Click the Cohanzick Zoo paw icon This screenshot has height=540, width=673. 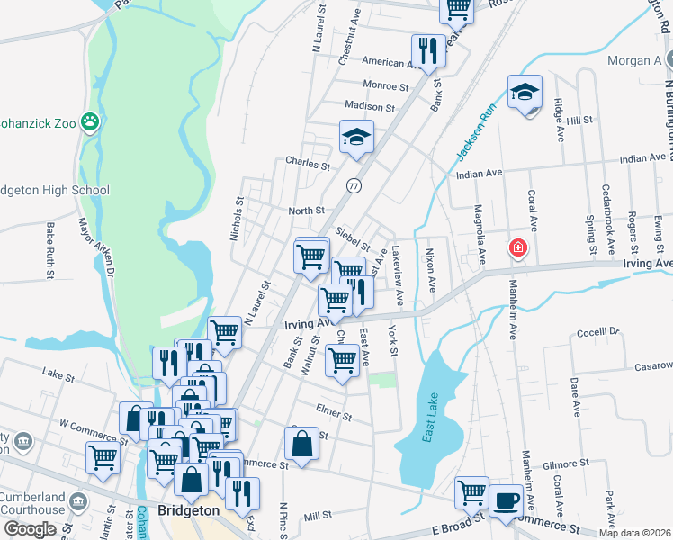click(89, 121)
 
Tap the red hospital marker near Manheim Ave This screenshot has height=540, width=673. click(518, 247)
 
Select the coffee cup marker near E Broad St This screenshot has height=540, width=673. click(506, 500)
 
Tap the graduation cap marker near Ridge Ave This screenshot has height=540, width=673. click(525, 92)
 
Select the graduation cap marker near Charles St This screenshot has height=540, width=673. click(356, 138)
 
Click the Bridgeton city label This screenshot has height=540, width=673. click(188, 510)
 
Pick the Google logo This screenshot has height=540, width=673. click(31, 529)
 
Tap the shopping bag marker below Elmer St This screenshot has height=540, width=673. click(301, 444)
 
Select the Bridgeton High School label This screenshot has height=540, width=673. click(56, 190)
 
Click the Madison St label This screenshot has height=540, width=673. click(370, 106)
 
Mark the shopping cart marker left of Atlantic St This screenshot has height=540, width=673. click(103, 457)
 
